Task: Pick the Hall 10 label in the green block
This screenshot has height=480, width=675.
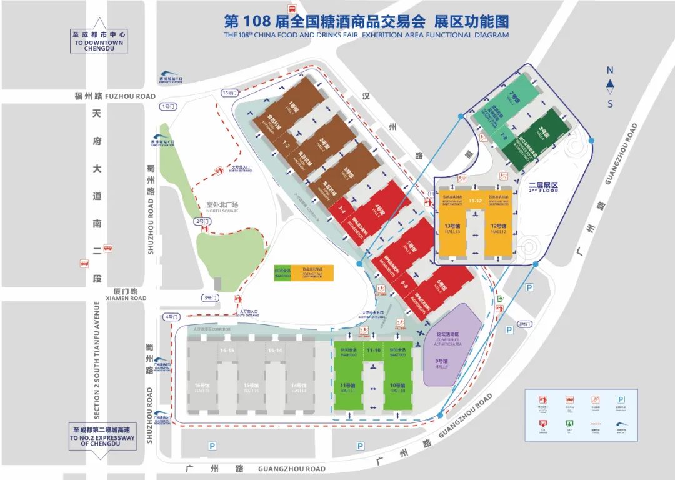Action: [397, 388]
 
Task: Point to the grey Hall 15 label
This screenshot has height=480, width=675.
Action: [251, 388]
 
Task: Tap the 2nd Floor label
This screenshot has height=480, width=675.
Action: [542, 187]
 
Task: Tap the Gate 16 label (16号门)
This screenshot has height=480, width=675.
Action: [230, 92]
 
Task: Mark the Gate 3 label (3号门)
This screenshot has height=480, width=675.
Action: [210, 297]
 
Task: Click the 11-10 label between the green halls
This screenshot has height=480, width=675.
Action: [374, 351]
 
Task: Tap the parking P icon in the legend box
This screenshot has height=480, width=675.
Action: [620, 399]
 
